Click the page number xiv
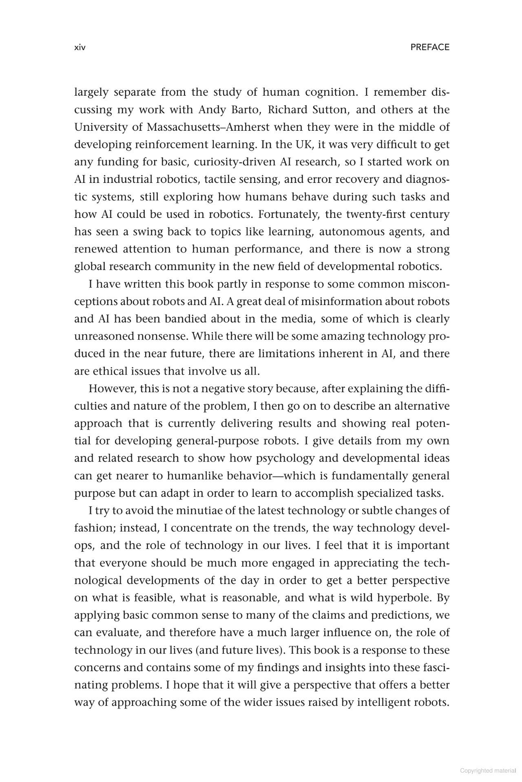80,48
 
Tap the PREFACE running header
429,47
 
